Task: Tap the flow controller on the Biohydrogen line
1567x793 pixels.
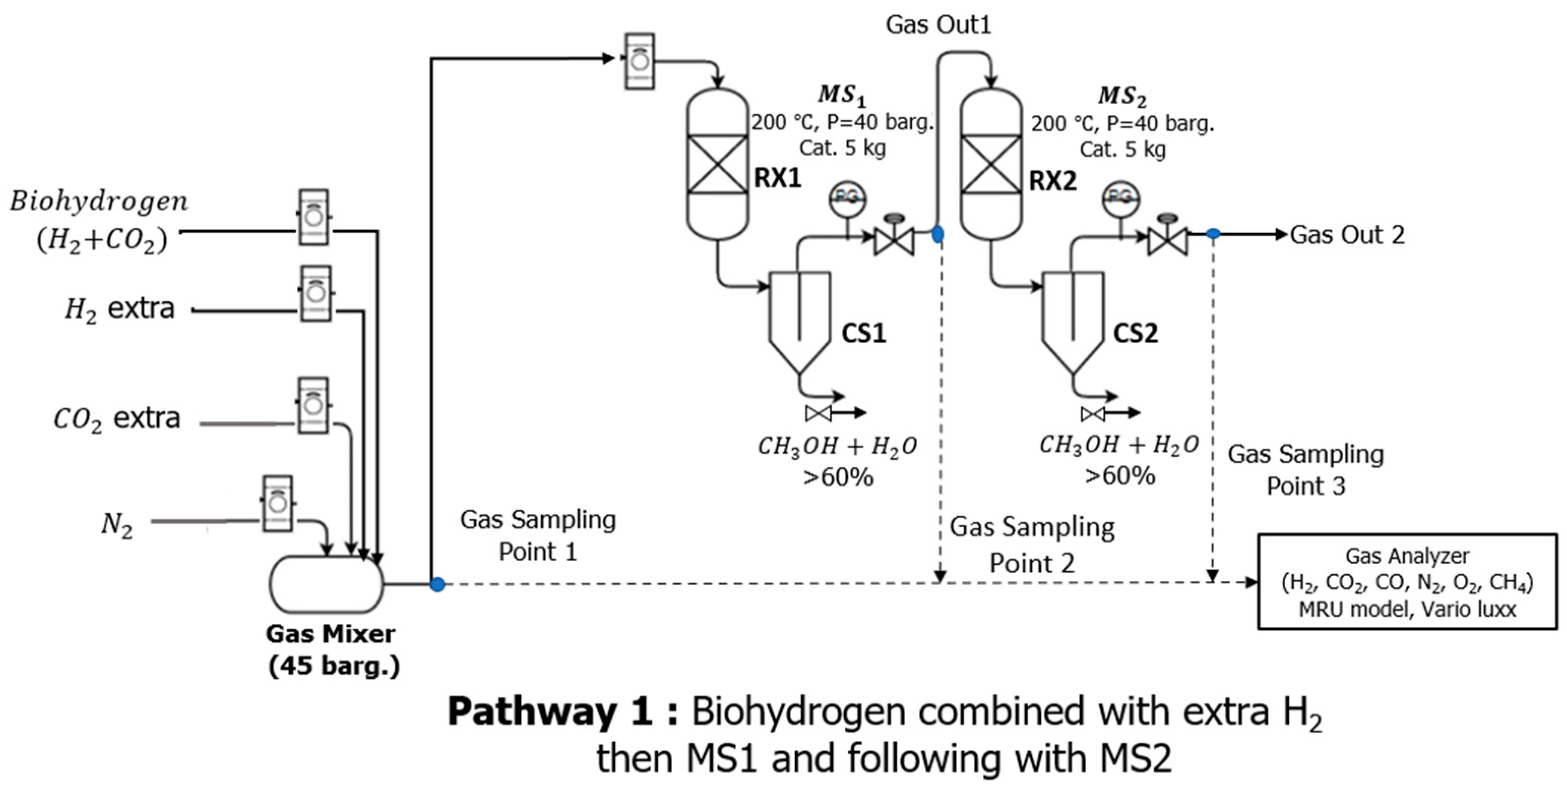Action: tap(314, 217)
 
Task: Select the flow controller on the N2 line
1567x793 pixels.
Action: tap(277, 503)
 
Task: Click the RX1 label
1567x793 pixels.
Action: tap(777, 179)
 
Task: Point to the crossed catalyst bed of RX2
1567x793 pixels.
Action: tap(991, 164)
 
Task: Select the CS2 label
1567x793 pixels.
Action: tap(1135, 333)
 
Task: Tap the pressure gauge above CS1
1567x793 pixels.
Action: tap(848, 198)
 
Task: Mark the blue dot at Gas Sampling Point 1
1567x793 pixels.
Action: tap(437, 584)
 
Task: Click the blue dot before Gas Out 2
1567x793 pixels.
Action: tap(1213, 234)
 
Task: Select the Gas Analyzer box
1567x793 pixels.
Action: tap(1407, 582)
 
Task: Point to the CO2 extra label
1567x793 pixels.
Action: tap(117, 419)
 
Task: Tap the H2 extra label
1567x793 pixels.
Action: tap(120, 309)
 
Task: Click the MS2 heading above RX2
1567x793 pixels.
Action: tap(1122, 97)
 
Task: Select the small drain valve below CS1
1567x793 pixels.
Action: tap(818, 414)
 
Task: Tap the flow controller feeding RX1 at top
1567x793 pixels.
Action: tap(639, 61)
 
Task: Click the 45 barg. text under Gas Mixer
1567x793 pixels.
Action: tap(334, 666)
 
